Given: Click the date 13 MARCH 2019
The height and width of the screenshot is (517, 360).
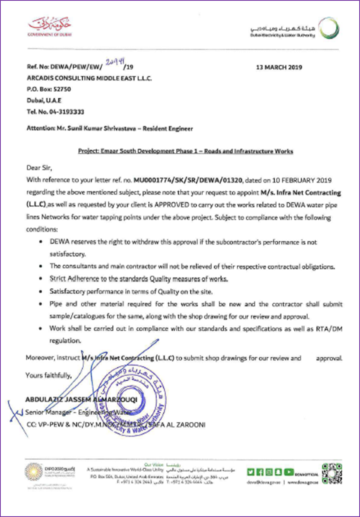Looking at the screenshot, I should [279, 67].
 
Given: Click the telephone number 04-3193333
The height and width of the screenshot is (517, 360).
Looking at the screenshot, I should [66, 112].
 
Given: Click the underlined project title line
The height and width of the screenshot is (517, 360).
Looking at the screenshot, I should [185, 151].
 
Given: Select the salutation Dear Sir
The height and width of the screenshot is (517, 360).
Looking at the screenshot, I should [39, 168].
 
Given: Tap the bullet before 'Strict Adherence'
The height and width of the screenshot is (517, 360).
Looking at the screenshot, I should [41, 279].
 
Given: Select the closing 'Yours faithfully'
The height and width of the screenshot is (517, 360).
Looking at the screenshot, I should [49, 375].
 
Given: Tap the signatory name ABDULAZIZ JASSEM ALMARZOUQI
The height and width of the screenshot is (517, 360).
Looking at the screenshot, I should [81, 399].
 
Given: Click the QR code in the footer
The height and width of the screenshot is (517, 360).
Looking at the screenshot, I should [331, 473].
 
